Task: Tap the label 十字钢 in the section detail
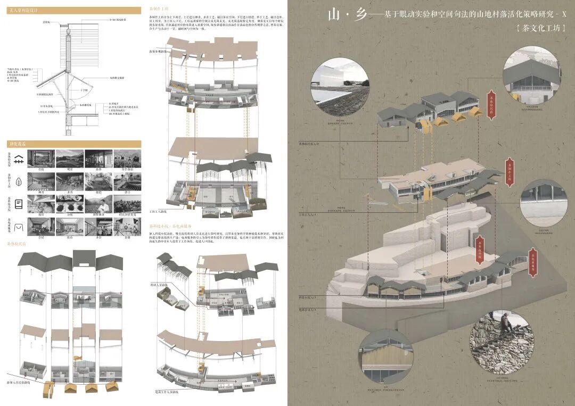pos(84,90)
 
